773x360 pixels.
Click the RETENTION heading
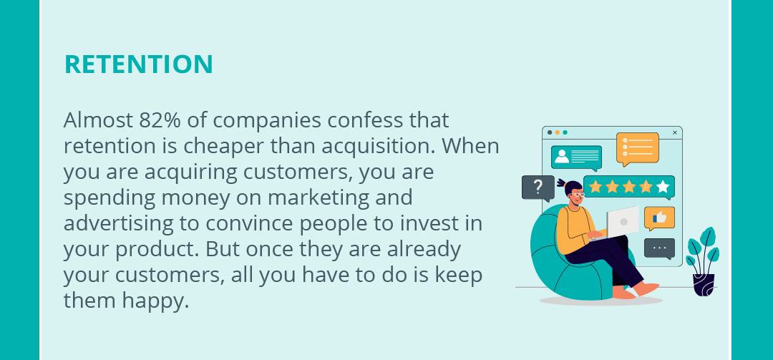coord(139,64)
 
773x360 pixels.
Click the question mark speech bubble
coord(538,188)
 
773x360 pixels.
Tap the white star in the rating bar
coord(663,186)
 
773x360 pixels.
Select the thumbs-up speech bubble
coord(659,218)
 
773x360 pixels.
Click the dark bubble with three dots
coord(659,248)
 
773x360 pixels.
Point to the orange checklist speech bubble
coord(638,148)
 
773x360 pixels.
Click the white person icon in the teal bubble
coord(562,156)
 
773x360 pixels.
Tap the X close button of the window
coord(675,132)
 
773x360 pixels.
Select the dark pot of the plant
coord(704,285)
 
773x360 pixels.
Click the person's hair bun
coord(562,183)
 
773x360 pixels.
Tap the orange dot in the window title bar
coord(557,132)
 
